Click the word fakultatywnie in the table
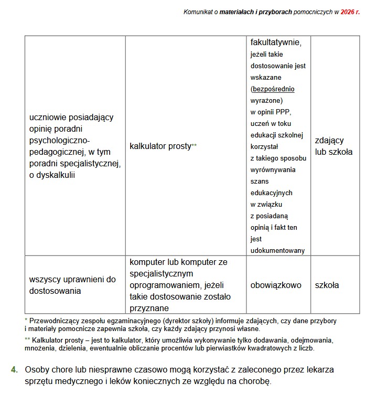coord(280,41)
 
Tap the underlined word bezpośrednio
coord(273,89)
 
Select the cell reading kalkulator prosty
coord(163,146)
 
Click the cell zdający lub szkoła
coord(334,146)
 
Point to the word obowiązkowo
coord(276,285)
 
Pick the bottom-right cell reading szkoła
coord(327,285)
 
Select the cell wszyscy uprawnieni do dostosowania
coord(73,285)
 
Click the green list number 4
coord(14,369)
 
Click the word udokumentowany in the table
coord(277,251)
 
